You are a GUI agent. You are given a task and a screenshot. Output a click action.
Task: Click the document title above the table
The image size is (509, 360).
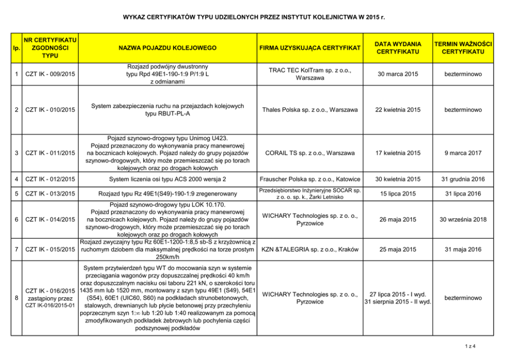coord(254,17)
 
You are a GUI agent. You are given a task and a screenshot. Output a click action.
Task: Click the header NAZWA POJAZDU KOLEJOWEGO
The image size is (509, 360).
coord(167,48)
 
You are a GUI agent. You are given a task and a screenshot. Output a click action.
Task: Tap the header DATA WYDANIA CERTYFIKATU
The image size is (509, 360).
coord(398,48)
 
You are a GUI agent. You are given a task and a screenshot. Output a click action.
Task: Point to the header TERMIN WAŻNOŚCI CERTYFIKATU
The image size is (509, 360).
coord(463,48)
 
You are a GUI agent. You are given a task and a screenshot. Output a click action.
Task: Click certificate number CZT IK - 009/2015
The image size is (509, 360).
coord(50,74)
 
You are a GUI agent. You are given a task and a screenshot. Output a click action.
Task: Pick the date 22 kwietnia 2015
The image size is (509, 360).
coord(398,110)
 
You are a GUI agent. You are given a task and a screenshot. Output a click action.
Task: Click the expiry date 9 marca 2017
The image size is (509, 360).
coord(463,153)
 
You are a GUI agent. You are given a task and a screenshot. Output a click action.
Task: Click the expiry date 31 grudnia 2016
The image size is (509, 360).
coord(463,179)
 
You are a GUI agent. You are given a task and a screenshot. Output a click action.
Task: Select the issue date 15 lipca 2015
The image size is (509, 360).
coord(398,193)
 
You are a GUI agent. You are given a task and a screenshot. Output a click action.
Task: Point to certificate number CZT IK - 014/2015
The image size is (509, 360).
coord(50,220)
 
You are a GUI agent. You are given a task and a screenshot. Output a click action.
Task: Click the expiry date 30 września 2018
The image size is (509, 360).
coord(463,220)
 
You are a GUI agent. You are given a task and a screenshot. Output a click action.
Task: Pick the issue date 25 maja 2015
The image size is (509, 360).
coord(398,250)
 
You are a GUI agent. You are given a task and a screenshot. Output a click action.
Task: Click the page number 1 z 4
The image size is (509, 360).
coord(471,346)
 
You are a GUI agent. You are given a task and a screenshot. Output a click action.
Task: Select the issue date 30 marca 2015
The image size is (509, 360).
coord(398,74)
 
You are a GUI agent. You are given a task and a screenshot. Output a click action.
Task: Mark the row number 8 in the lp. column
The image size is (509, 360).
coord(17,298)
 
